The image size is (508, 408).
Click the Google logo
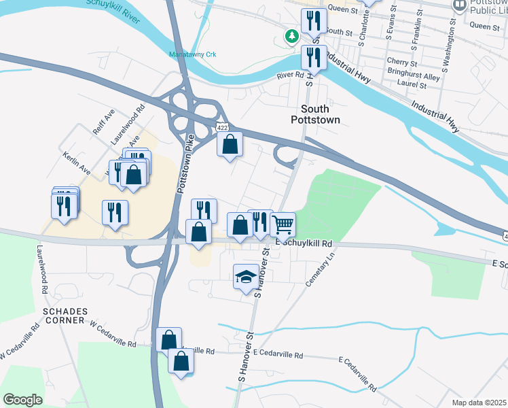(x=22, y=400)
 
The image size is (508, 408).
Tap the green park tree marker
(x=292, y=36)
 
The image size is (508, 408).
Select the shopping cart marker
(x=283, y=224)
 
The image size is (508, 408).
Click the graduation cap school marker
(x=245, y=276)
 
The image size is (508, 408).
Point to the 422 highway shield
(x=222, y=127)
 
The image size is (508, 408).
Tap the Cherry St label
(x=397, y=61)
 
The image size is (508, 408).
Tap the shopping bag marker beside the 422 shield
(x=230, y=143)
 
